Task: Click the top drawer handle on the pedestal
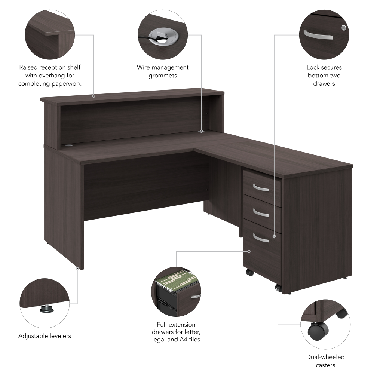point(261,188)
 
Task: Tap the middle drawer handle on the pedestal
point(261,213)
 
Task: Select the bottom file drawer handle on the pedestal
point(261,238)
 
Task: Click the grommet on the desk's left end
point(69,145)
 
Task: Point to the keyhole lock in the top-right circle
point(343,28)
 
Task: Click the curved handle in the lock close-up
point(318,35)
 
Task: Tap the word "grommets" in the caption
point(163,76)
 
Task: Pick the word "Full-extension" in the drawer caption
point(176,324)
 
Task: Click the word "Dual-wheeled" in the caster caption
point(325,357)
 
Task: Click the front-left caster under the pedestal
point(250,272)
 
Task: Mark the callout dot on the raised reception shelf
point(94,96)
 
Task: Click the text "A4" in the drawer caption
point(183,339)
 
